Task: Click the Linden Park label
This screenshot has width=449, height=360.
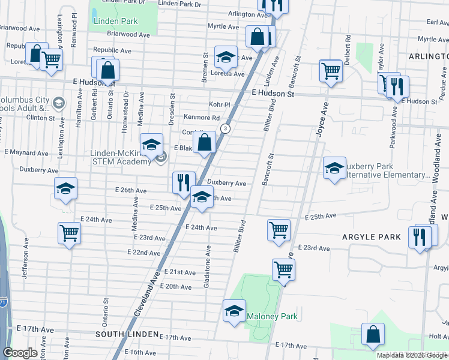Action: pyautogui.click(x=116, y=22)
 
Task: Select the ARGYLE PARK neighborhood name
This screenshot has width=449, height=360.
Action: pyautogui.click(x=371, y=237)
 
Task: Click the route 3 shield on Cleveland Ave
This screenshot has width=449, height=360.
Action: pyautogui.click(x=225, y=128)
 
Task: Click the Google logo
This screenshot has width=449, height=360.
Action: pyautogui.click(x=20, y=353)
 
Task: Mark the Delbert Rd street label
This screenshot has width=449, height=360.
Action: pyautogui.click(x=347, y=47)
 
